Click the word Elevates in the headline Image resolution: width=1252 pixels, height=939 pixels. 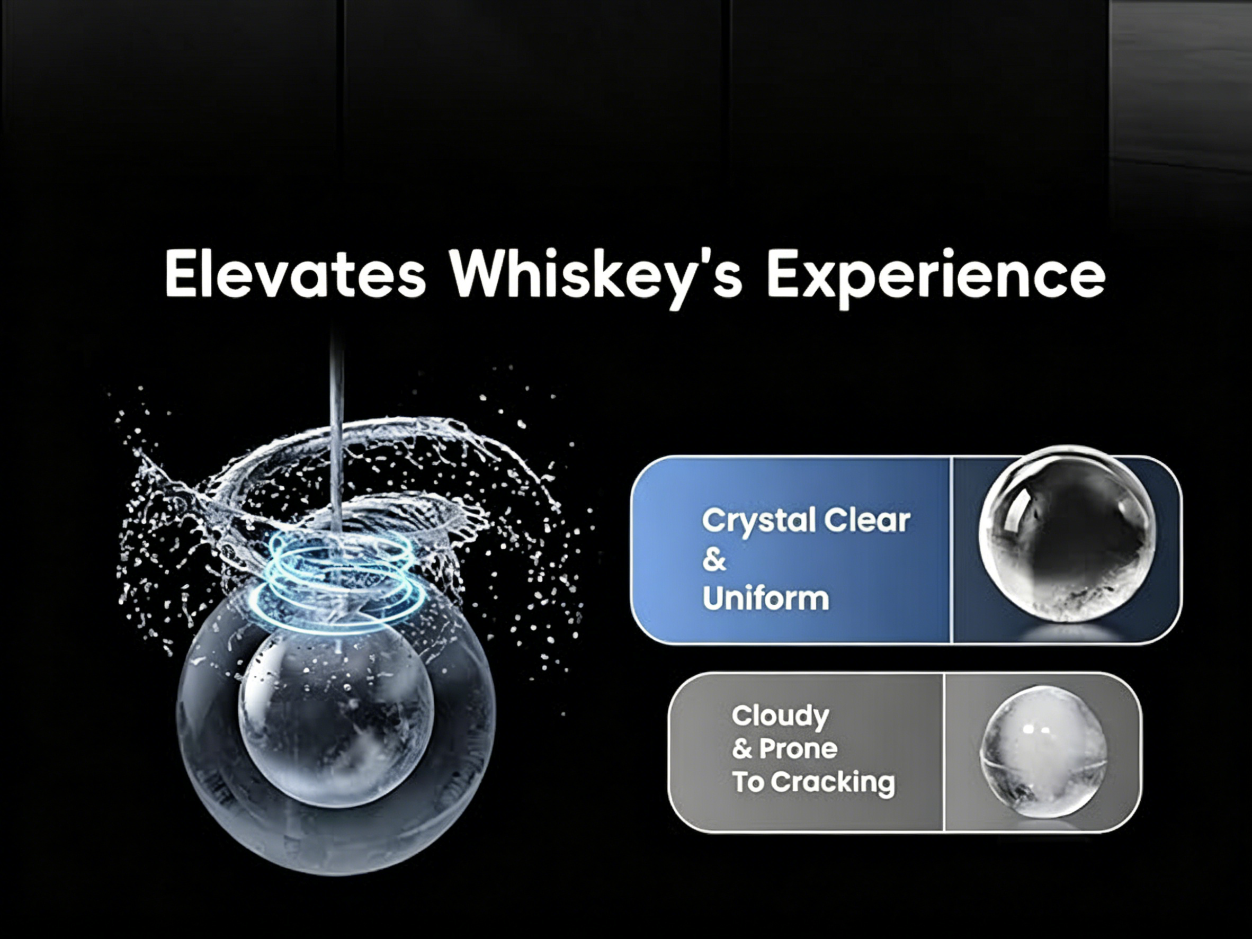(x=295, y=274)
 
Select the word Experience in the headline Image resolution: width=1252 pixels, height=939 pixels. (x=936, y=278)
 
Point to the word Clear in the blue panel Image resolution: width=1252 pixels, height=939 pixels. (x=866, y=520)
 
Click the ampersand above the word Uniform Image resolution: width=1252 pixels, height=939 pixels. (x=714, y=560)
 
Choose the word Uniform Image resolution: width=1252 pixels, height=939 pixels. (x=765, y=598)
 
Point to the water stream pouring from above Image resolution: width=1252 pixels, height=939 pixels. (x=337, y=430)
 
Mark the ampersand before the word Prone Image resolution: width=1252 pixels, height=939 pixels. (x=742, y=749)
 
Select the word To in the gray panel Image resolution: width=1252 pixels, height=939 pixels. (x=748, y=783)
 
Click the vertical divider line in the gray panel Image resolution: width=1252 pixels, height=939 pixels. (x=944, y=752)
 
